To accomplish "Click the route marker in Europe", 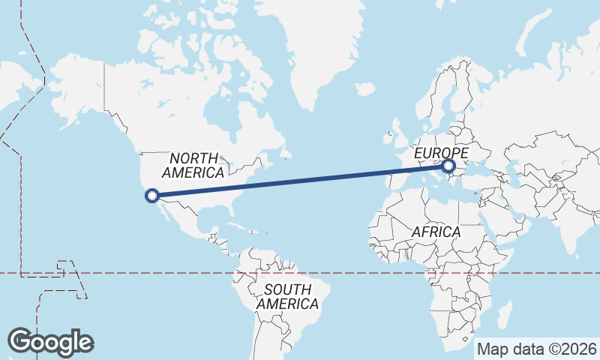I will [x=448, y=166].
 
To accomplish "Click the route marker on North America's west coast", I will [x=151, y=196].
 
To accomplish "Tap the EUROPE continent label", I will [x=441, y=153].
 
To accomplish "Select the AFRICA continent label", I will [x=436, y=232].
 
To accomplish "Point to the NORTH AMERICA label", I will [x=193, y=165].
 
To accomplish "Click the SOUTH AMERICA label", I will [x=287, y=296].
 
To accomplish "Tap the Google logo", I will [x=50, y=341].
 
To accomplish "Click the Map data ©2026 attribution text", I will [x=536, y=349].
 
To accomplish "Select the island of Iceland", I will [x=365, y=89].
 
